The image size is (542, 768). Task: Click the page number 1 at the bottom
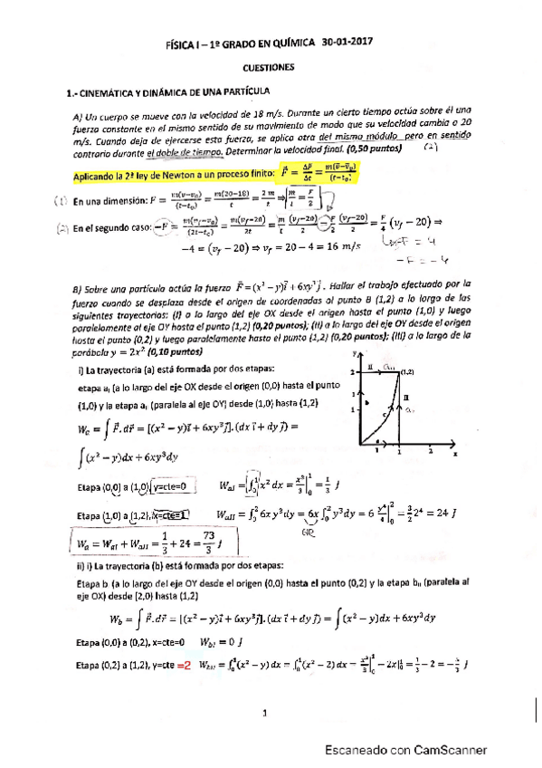[264, 714]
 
